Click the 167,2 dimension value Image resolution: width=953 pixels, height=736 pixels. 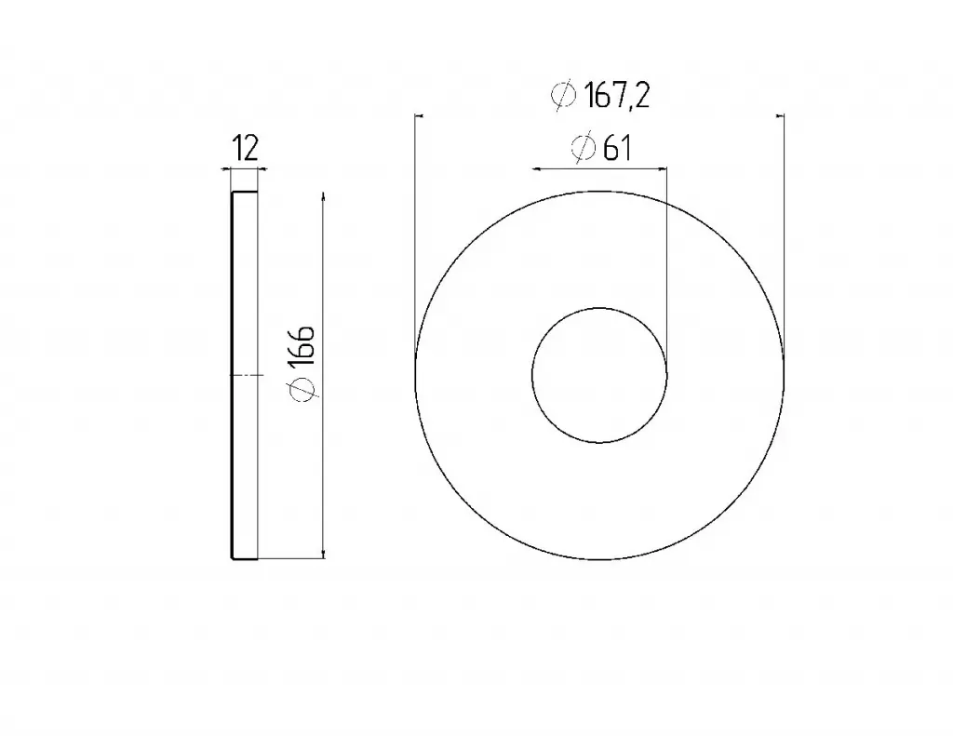pyautogui.click(x=617, y=96)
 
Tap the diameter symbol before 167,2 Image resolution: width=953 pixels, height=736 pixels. pyautogui.click(x=563, y=95)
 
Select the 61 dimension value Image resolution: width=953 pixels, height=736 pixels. pyautogui.click(x=617, y=148)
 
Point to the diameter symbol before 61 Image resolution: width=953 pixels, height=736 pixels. pyautogui.click(x=583, y=147)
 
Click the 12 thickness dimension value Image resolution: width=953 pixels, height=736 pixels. pyautogui.click(x=246, y=148)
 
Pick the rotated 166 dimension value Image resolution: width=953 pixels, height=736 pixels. pyautogui.click(x=302, y=346)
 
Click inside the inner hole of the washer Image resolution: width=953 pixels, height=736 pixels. pyautogui.click(x=599, y=375)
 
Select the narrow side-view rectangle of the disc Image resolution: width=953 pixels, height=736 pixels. pyautogui.click(x=245, y=375)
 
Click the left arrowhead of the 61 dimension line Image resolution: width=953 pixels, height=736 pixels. pyautogui.click(x=537, y=168)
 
